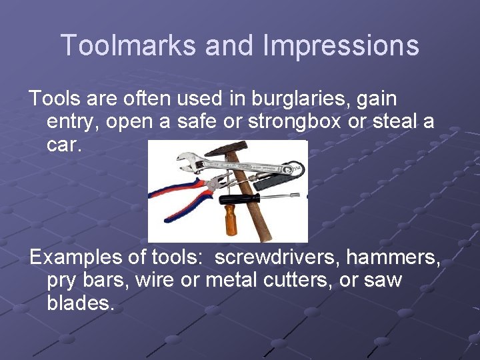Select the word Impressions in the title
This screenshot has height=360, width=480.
coord(341,46)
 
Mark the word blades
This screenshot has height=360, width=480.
coord(81,303)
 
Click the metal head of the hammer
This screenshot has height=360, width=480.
coord(225,148)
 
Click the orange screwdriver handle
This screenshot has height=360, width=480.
coord(231,221)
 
